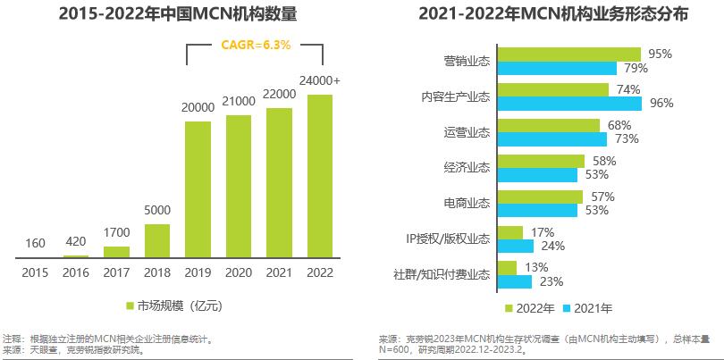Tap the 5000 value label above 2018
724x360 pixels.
pyautogui.click(x=156, y=211)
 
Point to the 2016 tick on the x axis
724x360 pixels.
pyautogui.click(x=76, y=272)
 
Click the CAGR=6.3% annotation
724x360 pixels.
pyautogui.click(x=255, y=45)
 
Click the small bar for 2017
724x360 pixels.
pyautogui.click(x=116, y=252)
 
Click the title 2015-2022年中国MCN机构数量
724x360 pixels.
pyautogui.click(x=178, y=15)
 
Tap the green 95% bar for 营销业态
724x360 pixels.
pyautogui.click(x=568, y=54)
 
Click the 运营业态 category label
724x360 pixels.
pyautogui.click(x=467, y=131)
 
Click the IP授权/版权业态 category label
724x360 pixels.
pyautogui.click(x=448, y=239)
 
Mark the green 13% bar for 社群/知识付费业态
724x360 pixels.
pyautogui.click(x=506, y=268)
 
